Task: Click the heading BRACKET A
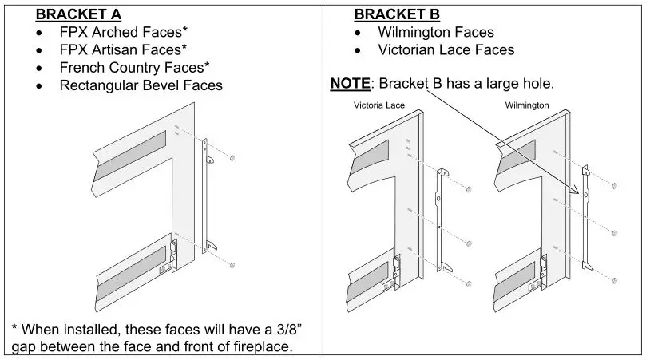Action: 77,14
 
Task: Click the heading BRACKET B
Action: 396,14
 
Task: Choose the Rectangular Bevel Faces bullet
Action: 141,85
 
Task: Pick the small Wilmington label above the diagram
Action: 526,105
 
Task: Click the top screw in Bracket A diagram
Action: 232,160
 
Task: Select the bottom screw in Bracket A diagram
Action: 232,264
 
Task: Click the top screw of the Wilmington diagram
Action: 613,186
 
